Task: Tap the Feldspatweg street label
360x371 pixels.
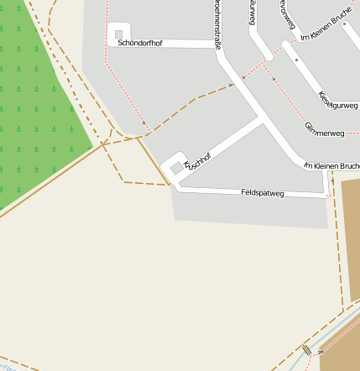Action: click(x=262, y=193)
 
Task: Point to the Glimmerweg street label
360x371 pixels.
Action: click(x=325, y=128)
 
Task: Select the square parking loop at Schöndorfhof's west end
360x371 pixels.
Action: click(x=118, y=34)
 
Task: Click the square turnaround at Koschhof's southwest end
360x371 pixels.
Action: click(x=175, y=167)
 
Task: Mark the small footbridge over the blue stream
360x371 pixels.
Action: click(x=307, y=349)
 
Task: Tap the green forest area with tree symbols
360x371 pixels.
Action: click(x=34, y=101)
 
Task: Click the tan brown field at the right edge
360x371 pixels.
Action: click(x=351, y=235)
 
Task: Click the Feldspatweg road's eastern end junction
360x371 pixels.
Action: click(x=326, y=195)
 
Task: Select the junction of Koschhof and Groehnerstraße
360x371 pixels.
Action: click(x=263, y=120)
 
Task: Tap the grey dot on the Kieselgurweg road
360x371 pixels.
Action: click(x=296, y=60)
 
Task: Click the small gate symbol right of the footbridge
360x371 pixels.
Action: click(x=319, y=353)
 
